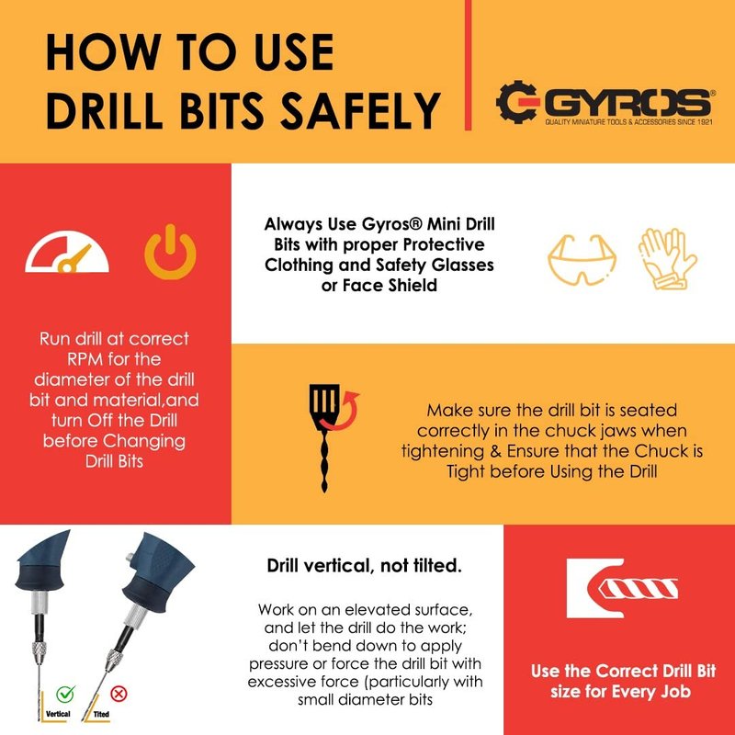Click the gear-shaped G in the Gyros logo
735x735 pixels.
pos(516,102)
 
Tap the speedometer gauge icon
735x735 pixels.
pos(67,252)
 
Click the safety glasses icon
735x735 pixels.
pos(582,260)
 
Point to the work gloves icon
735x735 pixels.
pos(668,258)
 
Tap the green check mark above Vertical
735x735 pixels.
pos(65,693)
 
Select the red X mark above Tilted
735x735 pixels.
pos(119,694)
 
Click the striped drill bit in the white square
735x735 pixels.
pos(638,589)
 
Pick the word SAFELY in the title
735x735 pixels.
pos(359,110)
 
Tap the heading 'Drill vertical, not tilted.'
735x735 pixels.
pos(364,566)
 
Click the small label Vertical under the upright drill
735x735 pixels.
pos(58,714)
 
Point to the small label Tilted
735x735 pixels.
pos(101,715)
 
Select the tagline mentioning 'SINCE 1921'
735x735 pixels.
pos(628,122)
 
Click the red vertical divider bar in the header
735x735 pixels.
pos(468,64)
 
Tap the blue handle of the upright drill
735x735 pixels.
pos(43,560)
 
